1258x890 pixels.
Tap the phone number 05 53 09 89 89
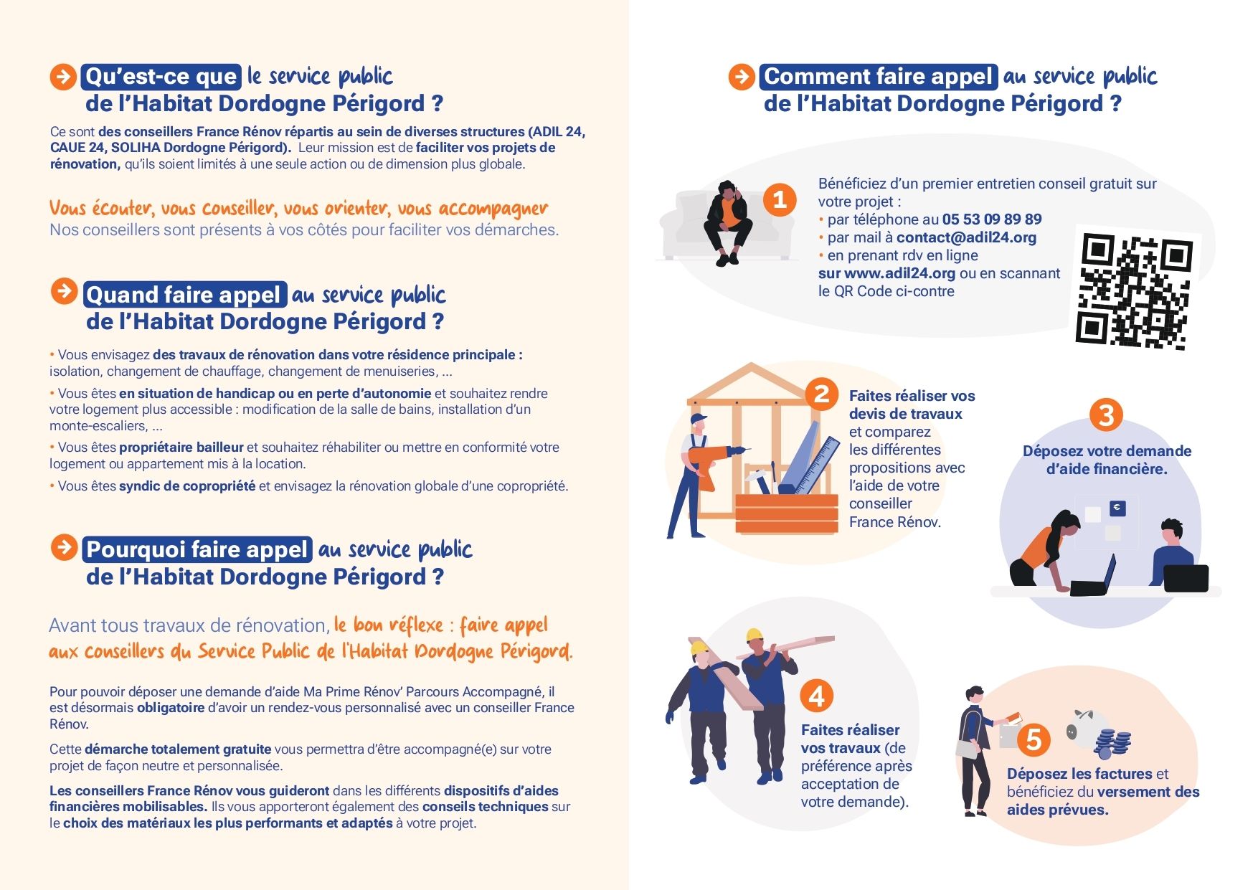(992, 219)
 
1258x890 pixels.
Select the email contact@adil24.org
(966, 237)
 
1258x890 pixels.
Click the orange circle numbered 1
(780, 199)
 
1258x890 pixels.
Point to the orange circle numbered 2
(821, 394)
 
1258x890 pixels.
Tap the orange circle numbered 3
(1106, 415)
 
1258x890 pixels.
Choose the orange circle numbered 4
(816, 696)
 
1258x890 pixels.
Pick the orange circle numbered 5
(1034, 739)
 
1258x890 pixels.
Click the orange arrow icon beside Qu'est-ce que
(63, 77)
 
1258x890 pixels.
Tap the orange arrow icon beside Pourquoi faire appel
(65, 548)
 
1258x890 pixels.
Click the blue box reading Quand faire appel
(184, 295)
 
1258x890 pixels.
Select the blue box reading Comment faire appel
(878, 77)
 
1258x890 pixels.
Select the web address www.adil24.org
(899, 273)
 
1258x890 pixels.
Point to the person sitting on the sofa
(728, 223)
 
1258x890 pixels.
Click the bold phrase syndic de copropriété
(187, 486)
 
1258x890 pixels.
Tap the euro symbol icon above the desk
(1117, 508)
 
